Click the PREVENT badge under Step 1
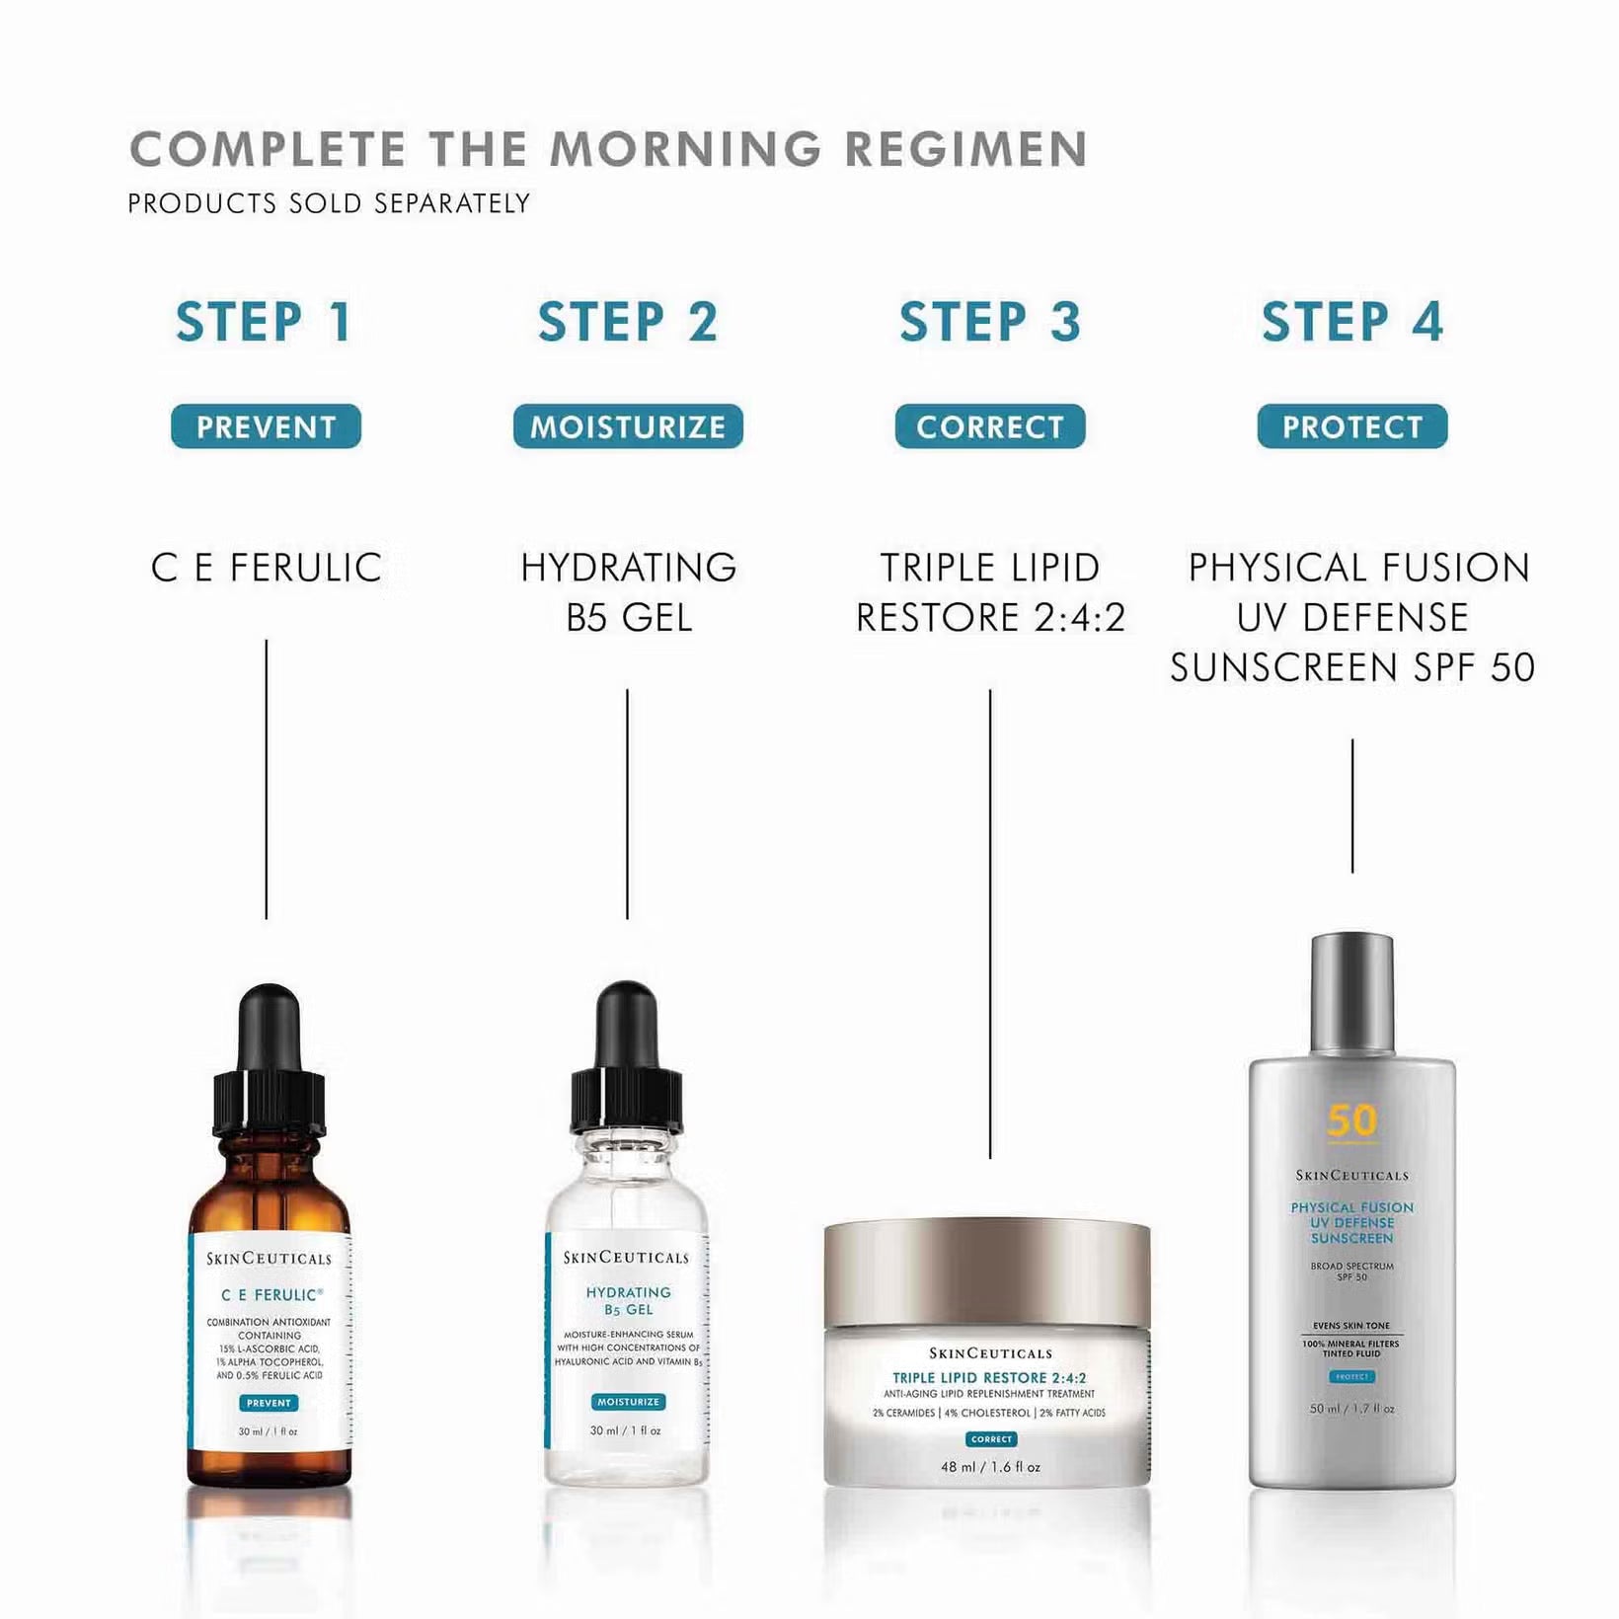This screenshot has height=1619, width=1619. (x=266, y=426)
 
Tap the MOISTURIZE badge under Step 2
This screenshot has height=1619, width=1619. (x=628, y=426)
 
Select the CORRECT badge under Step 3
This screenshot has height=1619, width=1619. (x=990, y=426)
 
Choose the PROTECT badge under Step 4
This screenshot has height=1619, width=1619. (x=1351, y=426)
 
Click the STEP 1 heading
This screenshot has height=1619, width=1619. (x=265, y=322)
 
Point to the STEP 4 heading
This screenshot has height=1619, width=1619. (x=1351, y=322)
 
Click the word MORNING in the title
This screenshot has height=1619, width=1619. (x=685, y=150)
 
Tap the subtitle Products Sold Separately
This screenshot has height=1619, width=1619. (x=329, y=203)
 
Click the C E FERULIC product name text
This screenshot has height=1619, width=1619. (x=266, y=568)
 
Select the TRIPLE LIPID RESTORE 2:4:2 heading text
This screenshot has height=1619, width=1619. (x=990, y=592)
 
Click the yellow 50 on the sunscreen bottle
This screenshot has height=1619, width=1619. (x=1351, y=1120)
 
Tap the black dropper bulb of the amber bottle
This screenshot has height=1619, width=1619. (x=269, y=1027)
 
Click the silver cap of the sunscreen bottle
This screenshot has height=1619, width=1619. (x=1351, y=992)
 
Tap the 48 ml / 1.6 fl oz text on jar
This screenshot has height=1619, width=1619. (x=990, y=1467)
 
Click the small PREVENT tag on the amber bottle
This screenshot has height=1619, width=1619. (x=269, y=1403)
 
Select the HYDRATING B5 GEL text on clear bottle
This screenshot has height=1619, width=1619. (x=628, y=1300)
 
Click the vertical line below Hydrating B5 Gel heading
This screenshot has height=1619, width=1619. (x=627, y=805)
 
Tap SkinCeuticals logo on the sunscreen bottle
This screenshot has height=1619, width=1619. (x=1351, y=1175)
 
